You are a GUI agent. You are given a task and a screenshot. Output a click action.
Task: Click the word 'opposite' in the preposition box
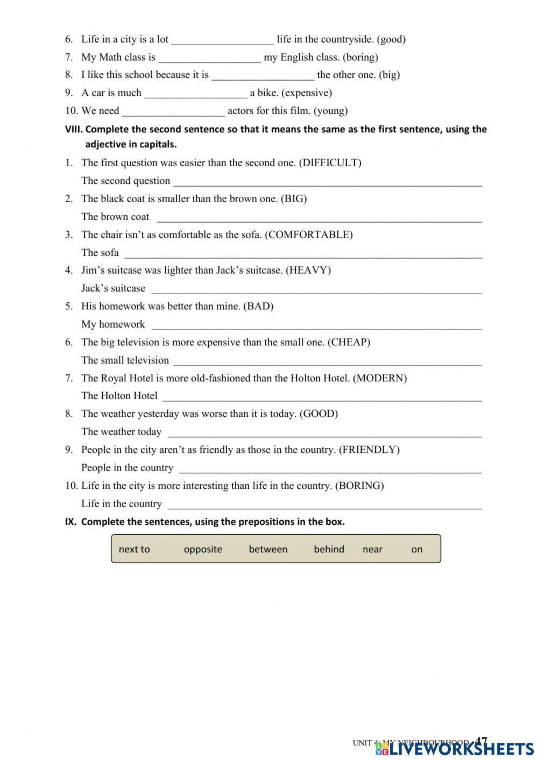[203, 549]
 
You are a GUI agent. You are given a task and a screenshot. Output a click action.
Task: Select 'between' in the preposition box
[268, 549]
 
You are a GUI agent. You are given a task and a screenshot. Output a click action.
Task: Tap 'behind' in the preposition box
[329, 549]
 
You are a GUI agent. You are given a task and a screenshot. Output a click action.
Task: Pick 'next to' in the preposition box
[134, 549]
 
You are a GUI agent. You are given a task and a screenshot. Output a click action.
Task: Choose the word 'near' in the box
[372, 549]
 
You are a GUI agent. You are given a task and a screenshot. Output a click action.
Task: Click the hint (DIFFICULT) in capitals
[330, 162]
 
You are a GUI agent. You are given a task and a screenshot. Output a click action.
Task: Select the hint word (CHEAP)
[349, 342]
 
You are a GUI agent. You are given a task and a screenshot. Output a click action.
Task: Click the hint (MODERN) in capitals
[380, 378]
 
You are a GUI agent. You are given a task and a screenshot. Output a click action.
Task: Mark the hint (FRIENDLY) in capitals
[369, 450]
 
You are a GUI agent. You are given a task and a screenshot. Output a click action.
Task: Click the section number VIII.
[73, 129]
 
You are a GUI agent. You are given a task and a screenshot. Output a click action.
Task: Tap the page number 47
[482, 741]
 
